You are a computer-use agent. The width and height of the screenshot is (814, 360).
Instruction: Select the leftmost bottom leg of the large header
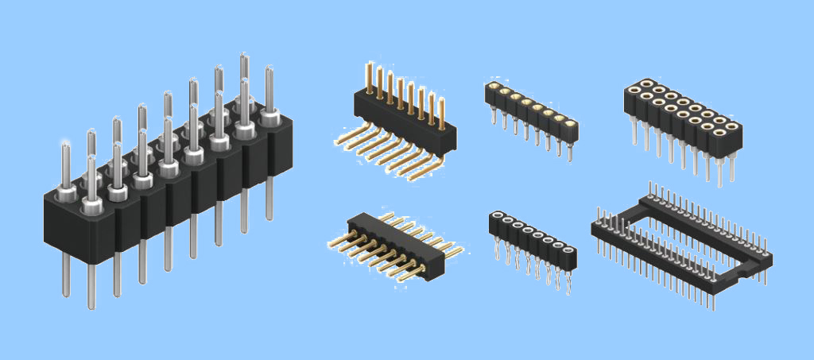66,278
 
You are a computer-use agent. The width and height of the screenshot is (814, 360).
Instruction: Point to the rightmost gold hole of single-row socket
570,123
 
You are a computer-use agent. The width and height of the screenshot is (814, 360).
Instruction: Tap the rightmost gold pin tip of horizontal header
459,252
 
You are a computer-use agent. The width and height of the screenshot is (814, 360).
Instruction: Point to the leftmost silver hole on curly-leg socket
497,216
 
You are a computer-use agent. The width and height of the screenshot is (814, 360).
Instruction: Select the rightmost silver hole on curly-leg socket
569,250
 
